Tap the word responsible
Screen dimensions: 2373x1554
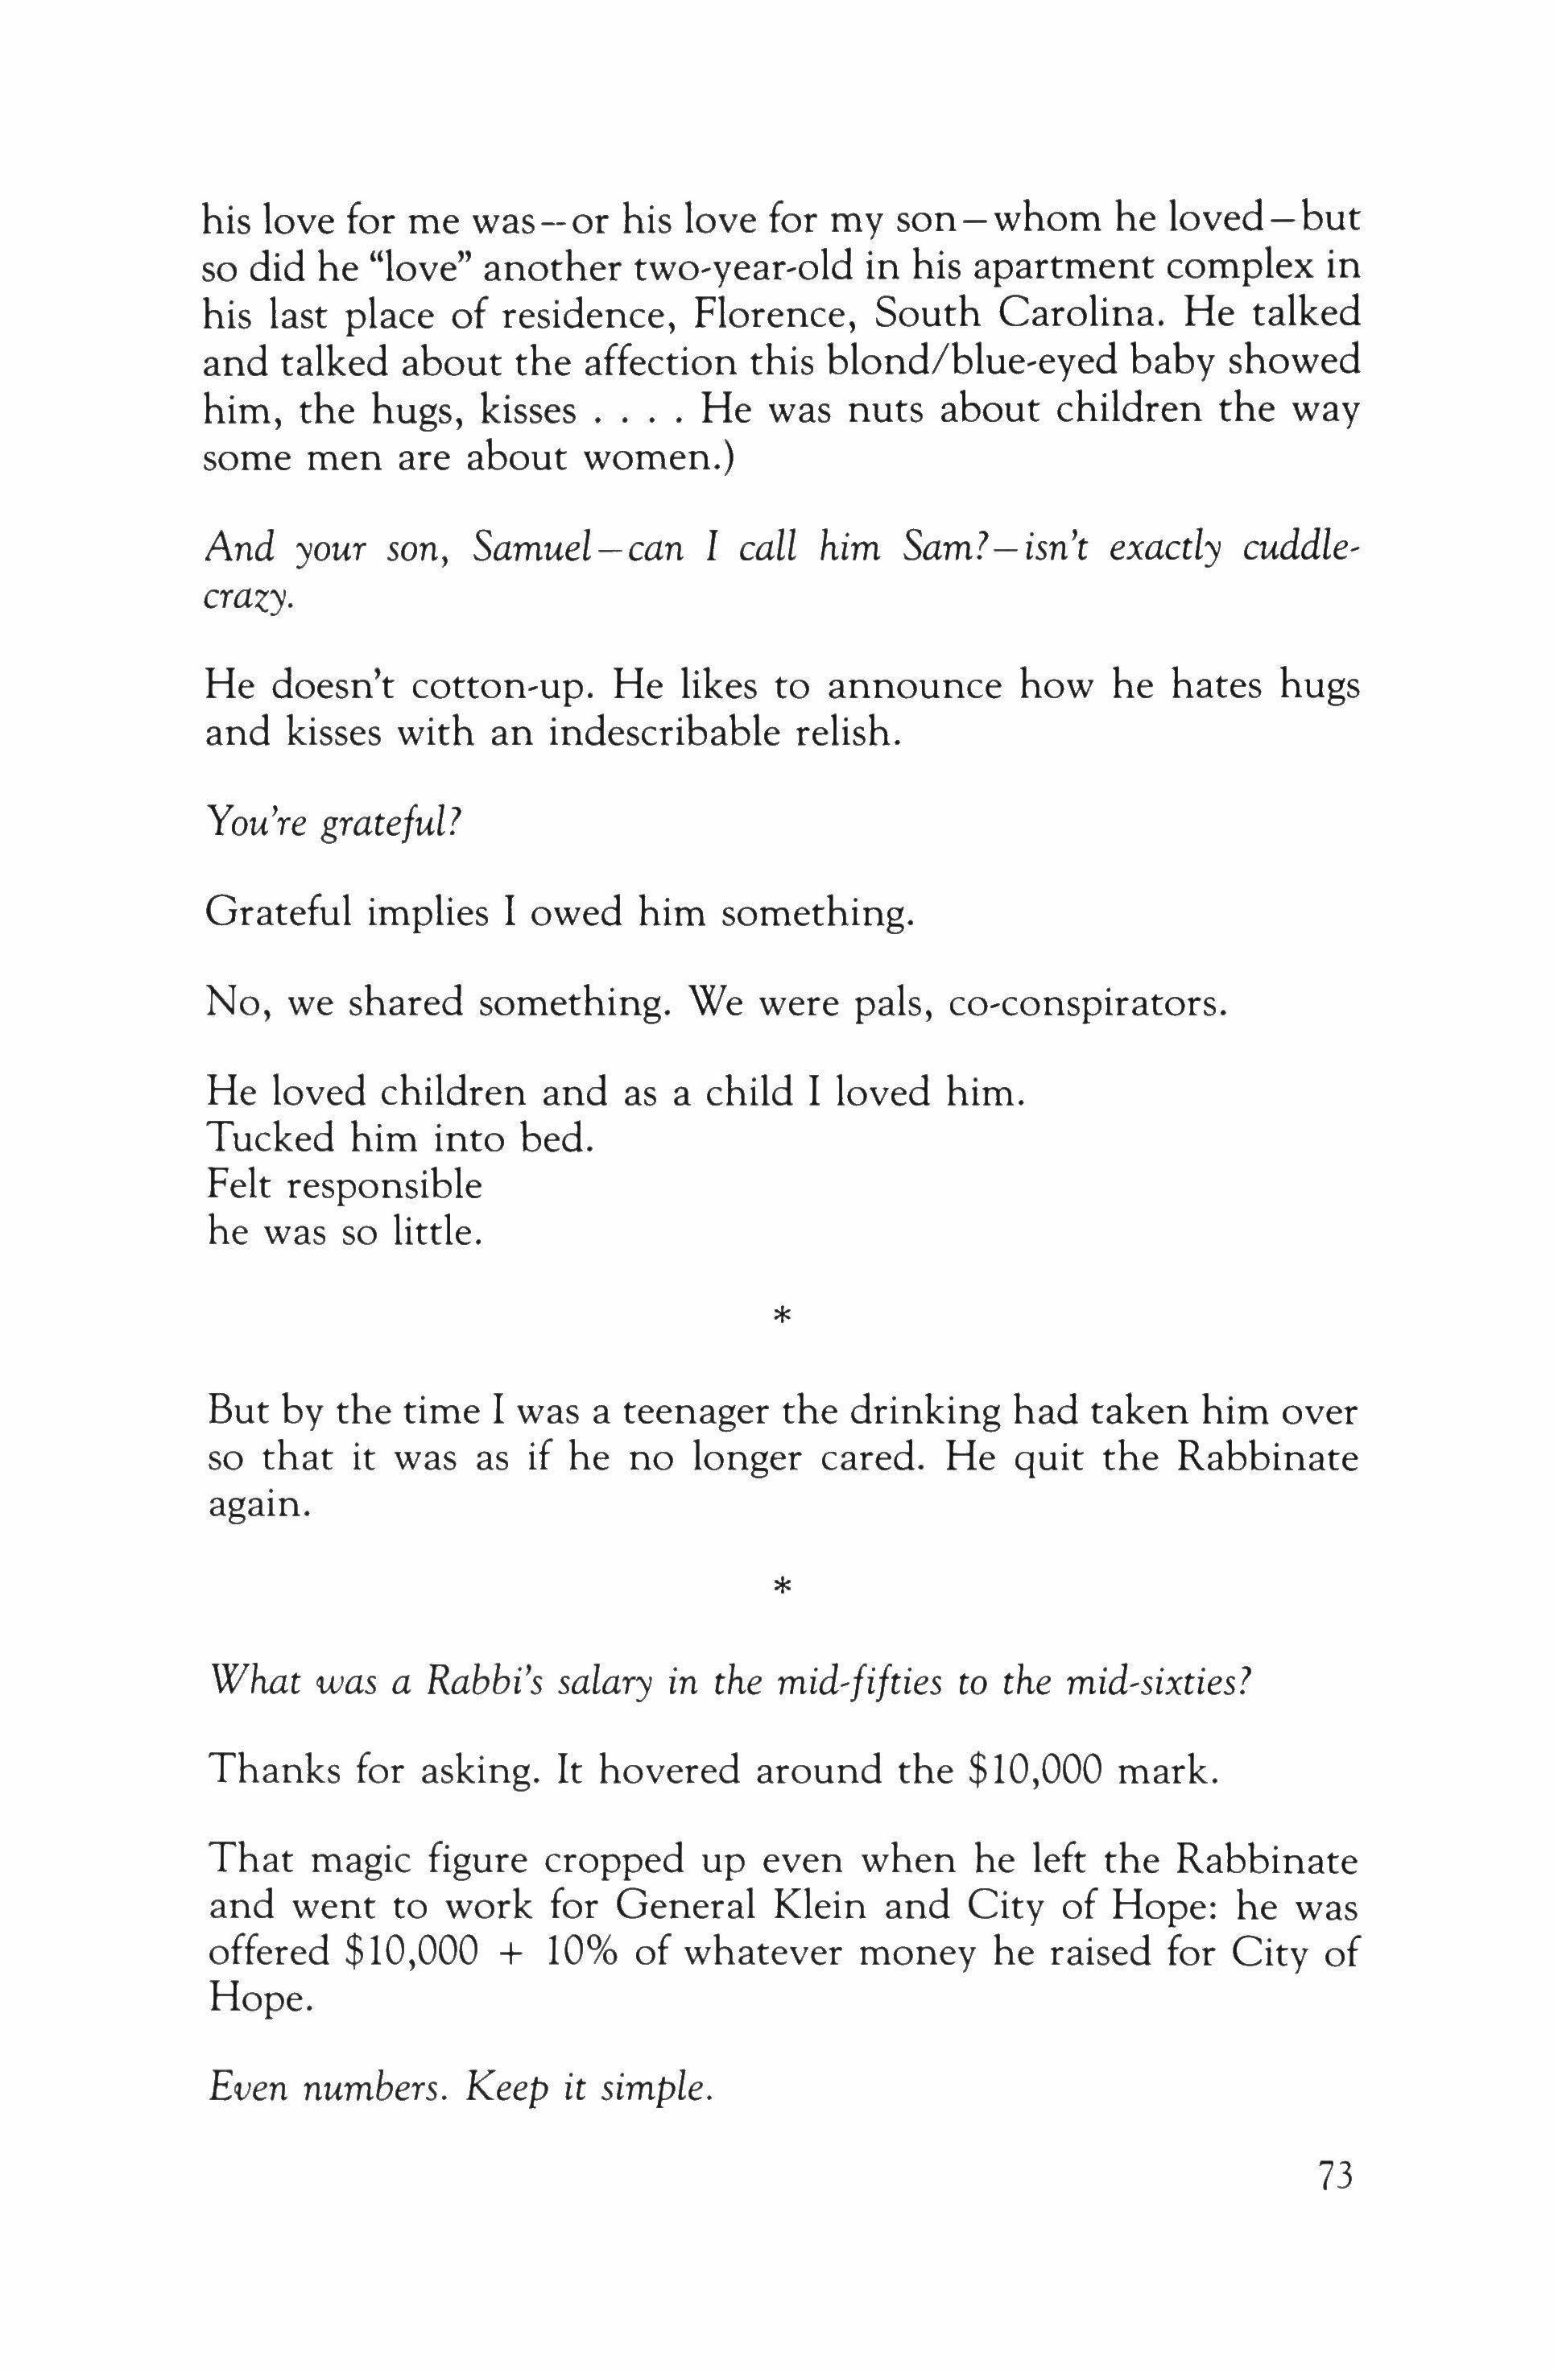click(x=384, y=1185)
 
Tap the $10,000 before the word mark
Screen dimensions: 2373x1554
click(x=1035, y=1771)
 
